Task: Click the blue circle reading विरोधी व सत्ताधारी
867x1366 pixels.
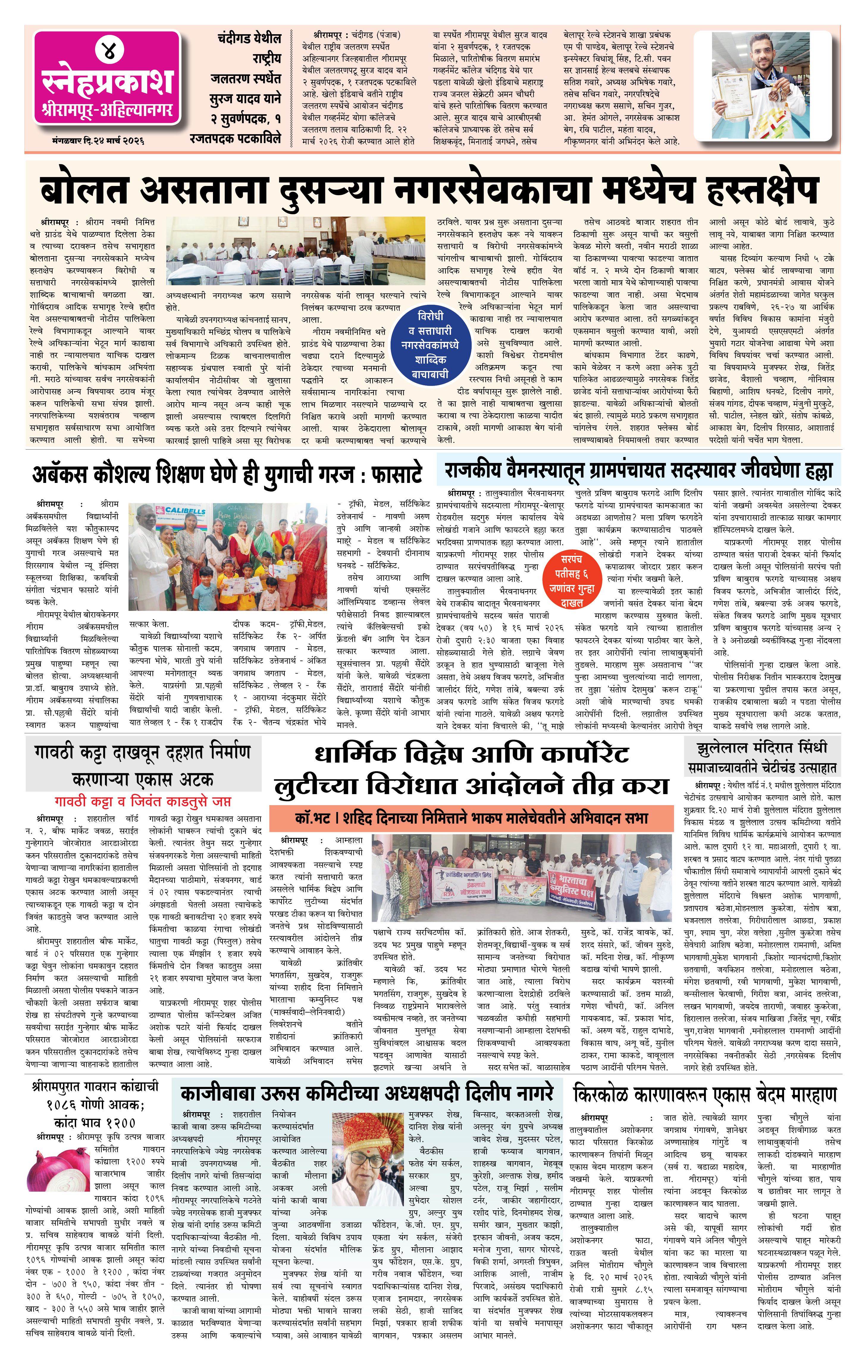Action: pos(430,345)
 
